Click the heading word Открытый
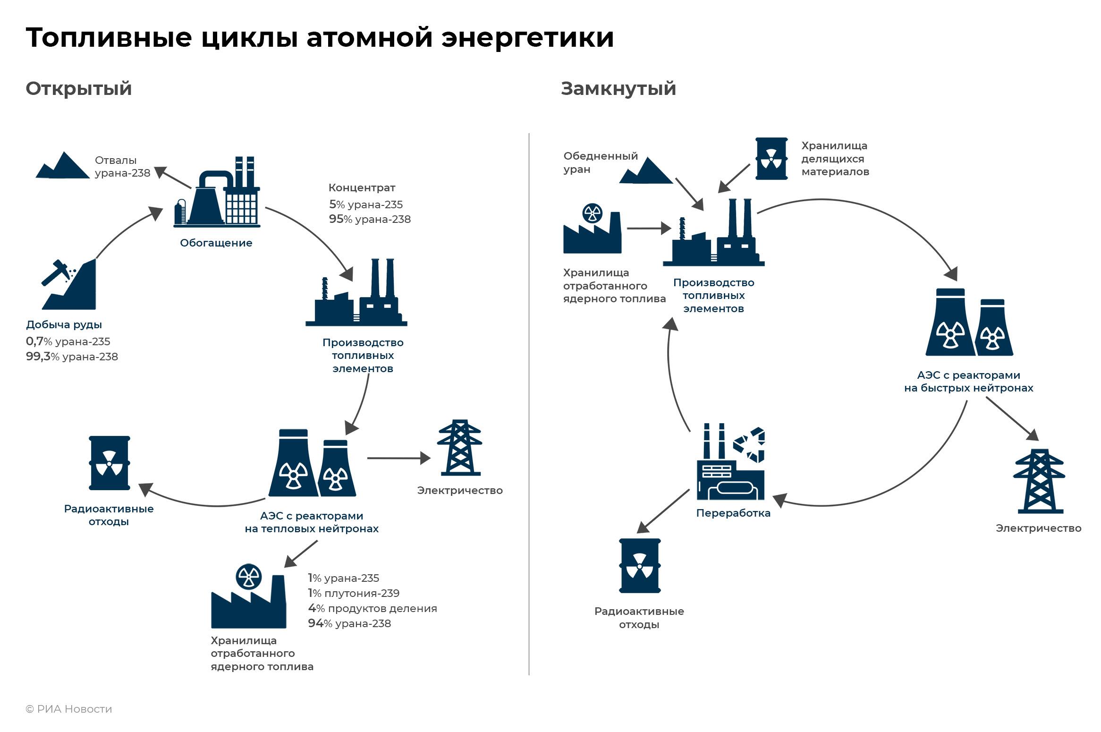point(78,89)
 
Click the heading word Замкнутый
point(618,89)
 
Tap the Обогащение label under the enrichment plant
point(216,243)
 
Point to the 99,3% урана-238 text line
point(72,357)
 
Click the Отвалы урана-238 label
point(122,167)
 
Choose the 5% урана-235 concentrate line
point(366,204)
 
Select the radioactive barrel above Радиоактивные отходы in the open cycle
point(110,463)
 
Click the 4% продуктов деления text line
point(373,608)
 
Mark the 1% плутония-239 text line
point(354,593)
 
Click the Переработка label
point(733,513)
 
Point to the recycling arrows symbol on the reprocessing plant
point(749,444)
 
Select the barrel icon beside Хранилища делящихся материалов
point(771,159)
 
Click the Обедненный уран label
point(600,162)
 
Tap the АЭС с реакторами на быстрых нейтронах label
point(968,382)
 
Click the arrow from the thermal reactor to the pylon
point(398,458)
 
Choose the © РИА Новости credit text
point(69,709)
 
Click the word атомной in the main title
point(369,38)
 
